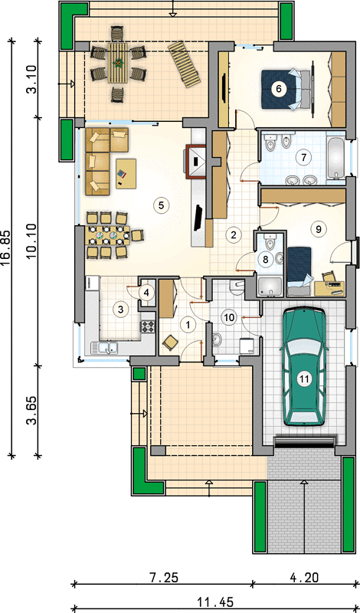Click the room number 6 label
278,88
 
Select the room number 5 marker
161,204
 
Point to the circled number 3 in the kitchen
120,310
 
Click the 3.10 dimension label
32,79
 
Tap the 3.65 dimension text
32,411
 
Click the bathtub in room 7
335,158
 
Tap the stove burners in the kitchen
148,326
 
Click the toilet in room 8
270,244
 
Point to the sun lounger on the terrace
185,64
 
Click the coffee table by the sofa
126,173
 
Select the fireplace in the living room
195,162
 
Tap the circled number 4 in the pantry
146,292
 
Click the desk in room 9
329,288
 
